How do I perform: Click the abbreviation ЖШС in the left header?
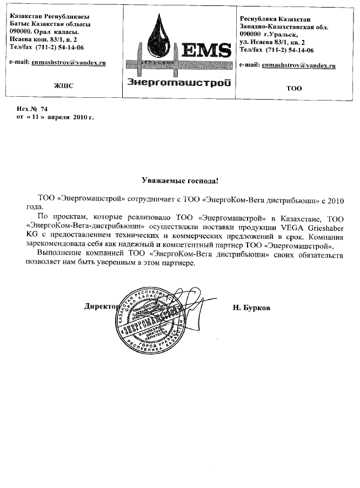tap(63, 85)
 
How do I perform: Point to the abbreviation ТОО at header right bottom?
tap(294, 88)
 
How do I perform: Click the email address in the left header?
tap(68, 63)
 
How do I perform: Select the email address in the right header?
tap(298, 65)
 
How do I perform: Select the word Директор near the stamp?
tap(101, 306)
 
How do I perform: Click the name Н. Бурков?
tap(251, 307)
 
